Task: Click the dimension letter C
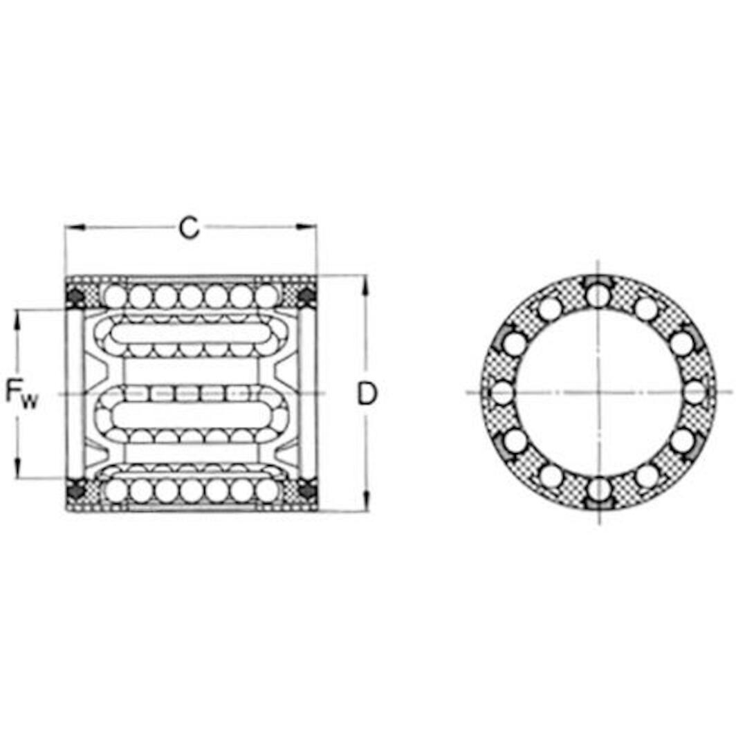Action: [189, 228]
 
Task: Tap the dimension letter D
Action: [367, 394]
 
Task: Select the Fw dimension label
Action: [21, 393]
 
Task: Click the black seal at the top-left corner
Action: [75, 297]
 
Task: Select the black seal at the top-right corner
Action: [306, 297]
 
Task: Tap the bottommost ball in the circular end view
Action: [598, 491]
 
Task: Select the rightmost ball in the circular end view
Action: [695, 393]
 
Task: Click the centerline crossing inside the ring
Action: [598, 393]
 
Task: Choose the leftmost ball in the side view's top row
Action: [116, 297]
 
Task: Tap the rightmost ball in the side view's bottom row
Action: [266, 490]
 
